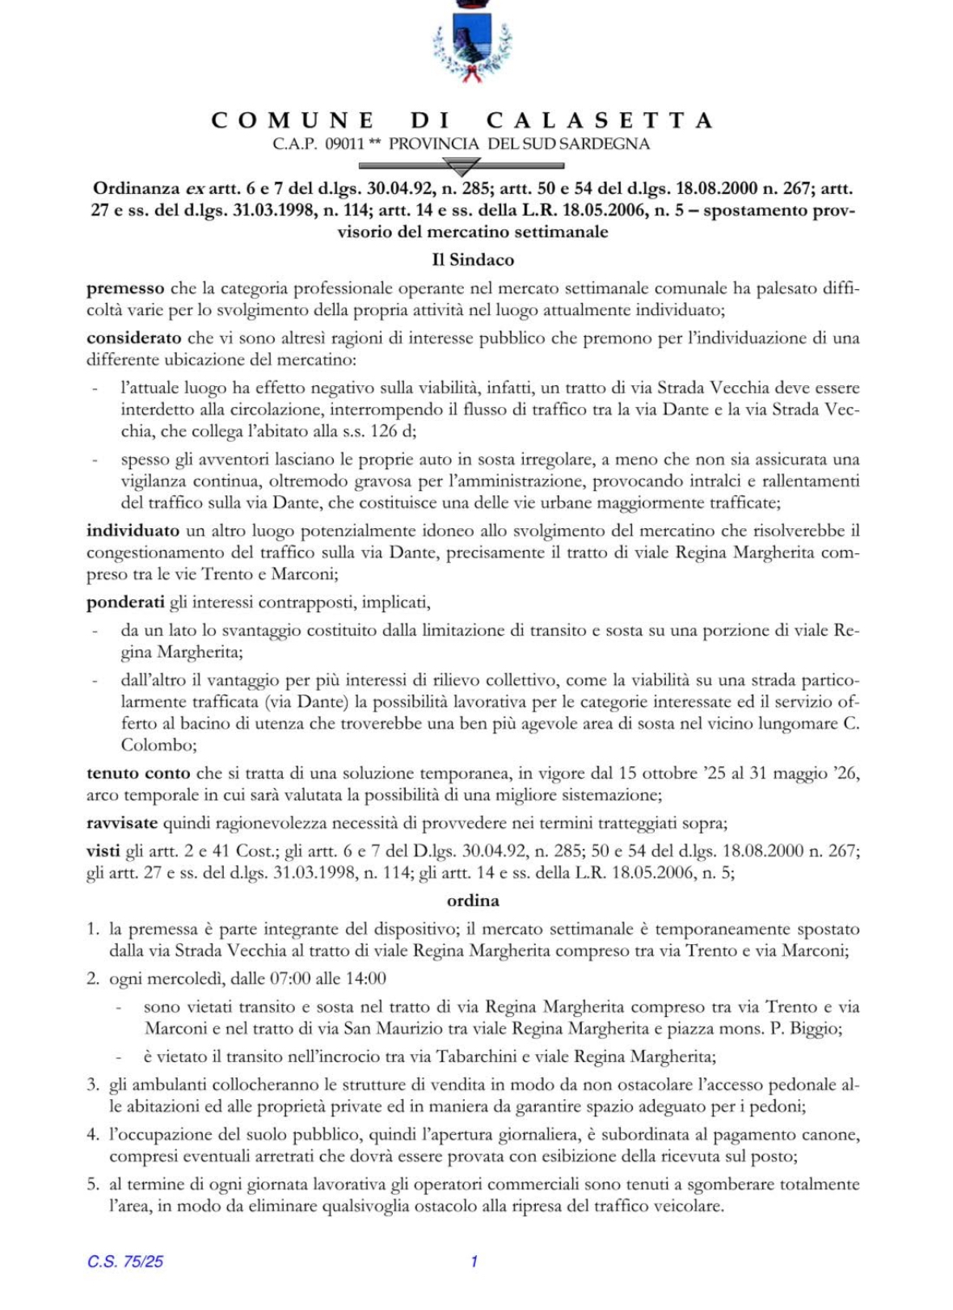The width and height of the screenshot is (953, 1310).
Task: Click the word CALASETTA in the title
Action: pos(600,120)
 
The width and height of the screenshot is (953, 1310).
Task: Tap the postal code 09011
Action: pos(344,145)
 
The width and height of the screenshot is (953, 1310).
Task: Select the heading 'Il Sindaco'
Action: pos(473,260)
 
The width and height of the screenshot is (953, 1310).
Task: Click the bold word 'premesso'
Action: pos(125,288)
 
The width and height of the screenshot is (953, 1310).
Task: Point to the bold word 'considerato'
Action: pos(133,338)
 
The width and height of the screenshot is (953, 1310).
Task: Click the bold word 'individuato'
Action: pos(133,531)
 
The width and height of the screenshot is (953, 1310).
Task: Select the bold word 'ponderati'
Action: pos(125,603)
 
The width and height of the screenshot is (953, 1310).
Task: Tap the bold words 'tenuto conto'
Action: pos(138,773)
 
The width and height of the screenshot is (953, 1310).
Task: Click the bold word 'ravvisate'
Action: pos(122,823)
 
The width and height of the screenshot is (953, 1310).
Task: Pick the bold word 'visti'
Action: pos(103,850)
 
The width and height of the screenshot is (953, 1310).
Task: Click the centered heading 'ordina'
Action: pos(473,901)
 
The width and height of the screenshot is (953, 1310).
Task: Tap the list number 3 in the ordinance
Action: pos(93,1085)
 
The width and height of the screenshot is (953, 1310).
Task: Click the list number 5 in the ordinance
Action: pos(93,1185)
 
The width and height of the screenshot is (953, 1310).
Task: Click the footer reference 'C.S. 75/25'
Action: pos(125,1262)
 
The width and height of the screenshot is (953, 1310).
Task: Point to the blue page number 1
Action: pos(474,1262)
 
